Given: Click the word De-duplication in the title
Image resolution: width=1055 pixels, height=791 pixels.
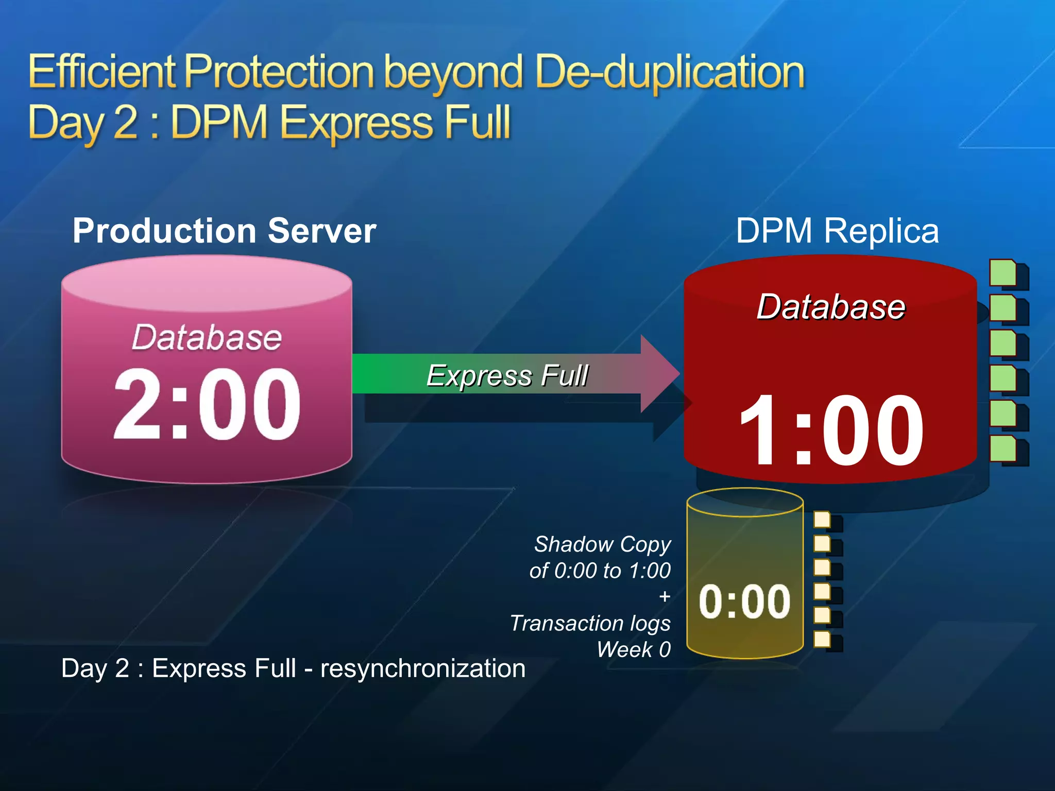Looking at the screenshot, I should click(669, 73).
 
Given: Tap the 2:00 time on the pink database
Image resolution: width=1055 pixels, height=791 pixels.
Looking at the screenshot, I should click(207, 404).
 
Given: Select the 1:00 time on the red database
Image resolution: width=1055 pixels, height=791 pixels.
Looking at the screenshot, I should click(831, 429).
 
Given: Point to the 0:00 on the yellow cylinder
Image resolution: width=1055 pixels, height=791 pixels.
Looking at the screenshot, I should click(744, 601).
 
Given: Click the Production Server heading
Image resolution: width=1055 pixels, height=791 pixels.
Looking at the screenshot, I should click(224, 230).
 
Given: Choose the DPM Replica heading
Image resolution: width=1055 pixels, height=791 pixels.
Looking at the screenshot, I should click(837, 230).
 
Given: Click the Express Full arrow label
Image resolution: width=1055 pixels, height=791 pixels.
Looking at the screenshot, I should click(507, 375).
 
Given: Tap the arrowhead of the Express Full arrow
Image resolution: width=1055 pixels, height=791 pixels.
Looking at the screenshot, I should click(659, 374).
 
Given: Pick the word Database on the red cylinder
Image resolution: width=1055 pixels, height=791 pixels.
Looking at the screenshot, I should click(831, 307).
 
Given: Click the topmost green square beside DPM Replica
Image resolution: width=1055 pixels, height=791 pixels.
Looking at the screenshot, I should click(1002, 272).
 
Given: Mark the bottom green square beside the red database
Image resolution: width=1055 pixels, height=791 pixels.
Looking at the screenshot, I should click(1002, 448).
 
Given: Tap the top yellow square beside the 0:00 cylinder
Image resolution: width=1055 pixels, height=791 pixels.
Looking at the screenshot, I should click(822, 520).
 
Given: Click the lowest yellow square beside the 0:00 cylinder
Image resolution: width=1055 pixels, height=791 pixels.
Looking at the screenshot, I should click(822, 639).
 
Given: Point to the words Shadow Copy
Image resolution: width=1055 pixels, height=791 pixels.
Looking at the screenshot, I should click(602, 544).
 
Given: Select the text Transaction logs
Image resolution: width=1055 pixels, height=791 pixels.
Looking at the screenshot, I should click(590, 623).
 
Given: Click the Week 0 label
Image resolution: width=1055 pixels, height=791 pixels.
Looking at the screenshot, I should click(634, 649).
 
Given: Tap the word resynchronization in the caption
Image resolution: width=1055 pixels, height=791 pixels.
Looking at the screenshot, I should click(423, 668).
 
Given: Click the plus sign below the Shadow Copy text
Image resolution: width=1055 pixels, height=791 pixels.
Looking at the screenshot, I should click(665, 597).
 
